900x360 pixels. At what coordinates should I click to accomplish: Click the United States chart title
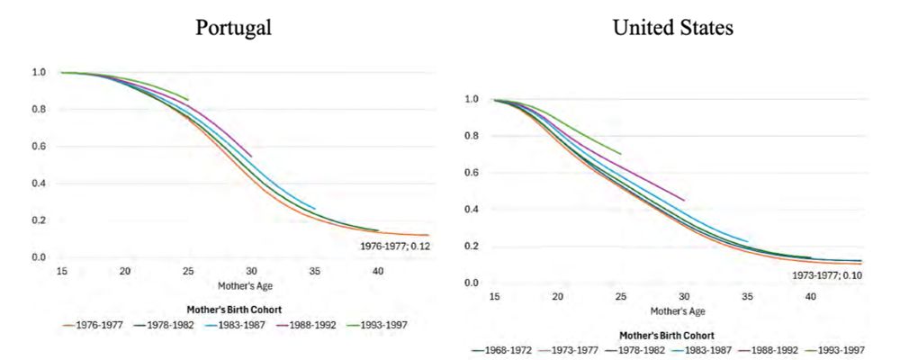pos(672,28)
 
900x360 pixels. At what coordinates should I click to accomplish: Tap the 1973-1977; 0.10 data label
pos(827,274)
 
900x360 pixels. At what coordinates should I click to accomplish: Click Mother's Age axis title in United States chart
pos(676,310)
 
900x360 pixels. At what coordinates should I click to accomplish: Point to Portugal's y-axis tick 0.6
pos(39,147)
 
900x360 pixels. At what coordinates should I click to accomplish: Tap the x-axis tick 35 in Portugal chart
pos(315,271)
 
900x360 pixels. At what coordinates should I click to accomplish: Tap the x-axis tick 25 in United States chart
pos(621,296)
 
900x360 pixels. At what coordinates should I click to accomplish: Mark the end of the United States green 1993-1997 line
pos(621,154)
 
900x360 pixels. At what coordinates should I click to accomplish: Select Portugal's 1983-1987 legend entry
pos(240,325)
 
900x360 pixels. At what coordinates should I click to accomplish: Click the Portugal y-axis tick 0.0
pos(39,257)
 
